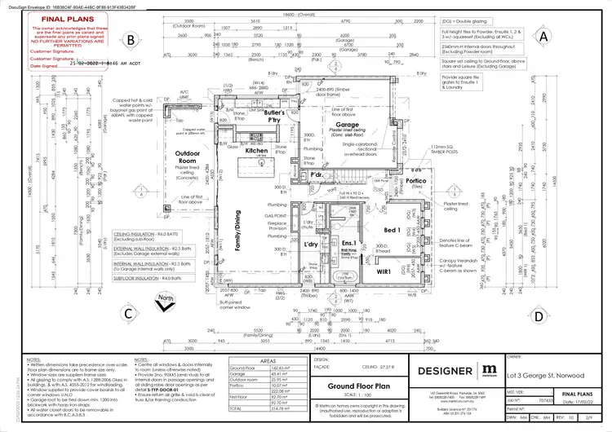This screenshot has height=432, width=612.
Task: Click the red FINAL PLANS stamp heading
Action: pyautogui.click(x=60, y=14)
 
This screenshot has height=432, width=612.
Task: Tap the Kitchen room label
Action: pyautogui.click(x=257, y=152)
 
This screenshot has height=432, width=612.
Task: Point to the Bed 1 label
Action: pyautogui.click(x=392, y=231)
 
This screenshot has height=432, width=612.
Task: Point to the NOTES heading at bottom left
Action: pyautogui.click(x=33, y=358)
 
